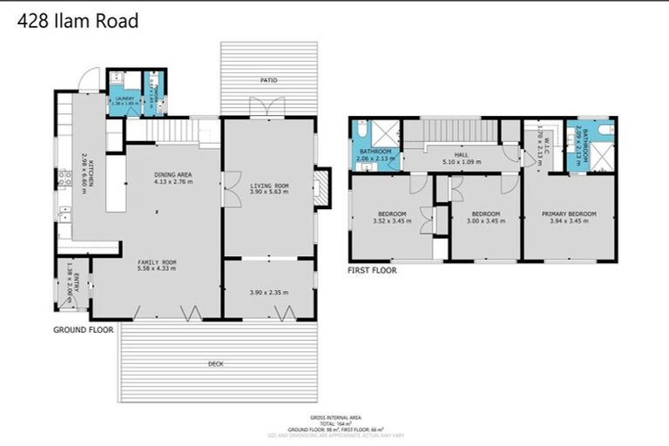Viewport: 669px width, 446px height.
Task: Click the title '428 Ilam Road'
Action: (x=78, y=21)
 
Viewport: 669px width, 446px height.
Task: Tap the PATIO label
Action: (x=268, y=81)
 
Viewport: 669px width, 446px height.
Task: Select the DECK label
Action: (x=215, y=363)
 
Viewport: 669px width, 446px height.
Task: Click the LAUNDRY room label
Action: (x=123, y=99)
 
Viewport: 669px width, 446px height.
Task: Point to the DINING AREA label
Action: (x=172, y=175)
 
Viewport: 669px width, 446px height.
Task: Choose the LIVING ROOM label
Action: (x=269, y=186)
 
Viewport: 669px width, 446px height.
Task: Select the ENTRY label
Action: (x=76, y=280)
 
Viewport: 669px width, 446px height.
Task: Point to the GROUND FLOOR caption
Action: (x=84, y=330)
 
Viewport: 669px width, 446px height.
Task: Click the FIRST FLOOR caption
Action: (x=372, y=270)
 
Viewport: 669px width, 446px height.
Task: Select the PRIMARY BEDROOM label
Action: (x=569, y=213)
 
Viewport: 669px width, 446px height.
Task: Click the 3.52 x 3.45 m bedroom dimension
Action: (x=390, y=221)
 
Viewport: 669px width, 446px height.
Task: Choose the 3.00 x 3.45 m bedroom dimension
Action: (x=484, y=221)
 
